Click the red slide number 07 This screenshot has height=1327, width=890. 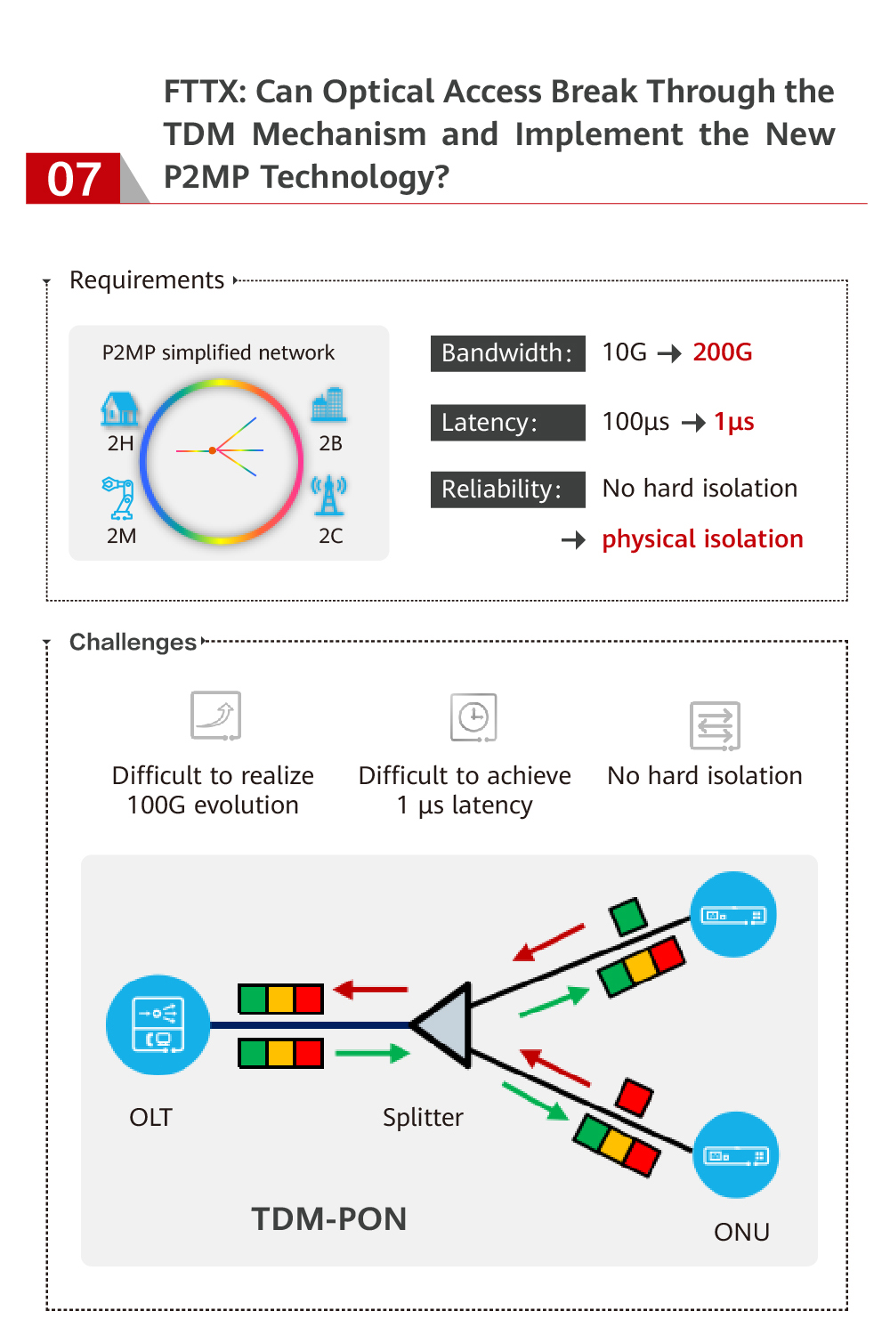(x=73, y=179)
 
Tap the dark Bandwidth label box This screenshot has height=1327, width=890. (x=507, y=353)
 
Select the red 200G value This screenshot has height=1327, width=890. (x=722, y=352)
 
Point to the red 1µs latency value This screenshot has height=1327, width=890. (x=733, y=422)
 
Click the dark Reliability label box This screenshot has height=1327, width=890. (x=507, y=490)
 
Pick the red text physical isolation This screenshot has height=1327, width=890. (x=702, y=539)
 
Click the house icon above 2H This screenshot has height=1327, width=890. (x=120, y=409)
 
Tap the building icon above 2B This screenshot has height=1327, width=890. (x=328, y=405)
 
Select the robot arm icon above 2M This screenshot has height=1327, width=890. (x=119, y=498)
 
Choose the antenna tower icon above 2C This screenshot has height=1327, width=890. (x=329, y=496)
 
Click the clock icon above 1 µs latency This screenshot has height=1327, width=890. (x=473, y=717)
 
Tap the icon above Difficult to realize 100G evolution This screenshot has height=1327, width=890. (x=216, y=716)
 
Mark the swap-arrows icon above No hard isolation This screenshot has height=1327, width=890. (x=715, y=725)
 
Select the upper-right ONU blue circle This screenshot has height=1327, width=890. (x=733, y=915)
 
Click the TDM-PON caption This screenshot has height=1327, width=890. (x=328, y=1218)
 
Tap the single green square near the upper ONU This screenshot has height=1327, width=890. (x=627, y=917)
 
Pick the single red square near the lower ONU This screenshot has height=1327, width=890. (x=635, y=1096)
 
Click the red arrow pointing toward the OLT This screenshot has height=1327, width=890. (x=370, y=989)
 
